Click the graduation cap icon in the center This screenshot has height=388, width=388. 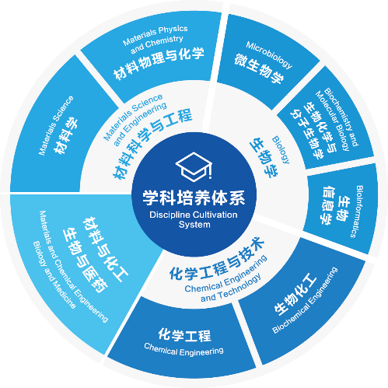194,166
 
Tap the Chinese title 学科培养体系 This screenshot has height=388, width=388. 194,197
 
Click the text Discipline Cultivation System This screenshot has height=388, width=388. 194,219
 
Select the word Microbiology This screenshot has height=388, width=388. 269,55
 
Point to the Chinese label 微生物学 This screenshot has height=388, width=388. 260,68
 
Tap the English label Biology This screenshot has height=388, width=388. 281,150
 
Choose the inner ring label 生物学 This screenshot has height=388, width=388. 264,158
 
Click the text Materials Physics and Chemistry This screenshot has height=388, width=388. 156,39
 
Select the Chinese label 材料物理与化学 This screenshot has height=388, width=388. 159,64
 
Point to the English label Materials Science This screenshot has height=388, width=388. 56,125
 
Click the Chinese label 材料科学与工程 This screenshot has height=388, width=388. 152,143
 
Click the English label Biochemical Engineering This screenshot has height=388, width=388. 305,300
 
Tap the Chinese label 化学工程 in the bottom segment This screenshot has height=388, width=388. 184,335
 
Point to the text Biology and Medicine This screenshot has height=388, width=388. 54,275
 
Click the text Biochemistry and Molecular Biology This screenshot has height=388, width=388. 337,120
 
